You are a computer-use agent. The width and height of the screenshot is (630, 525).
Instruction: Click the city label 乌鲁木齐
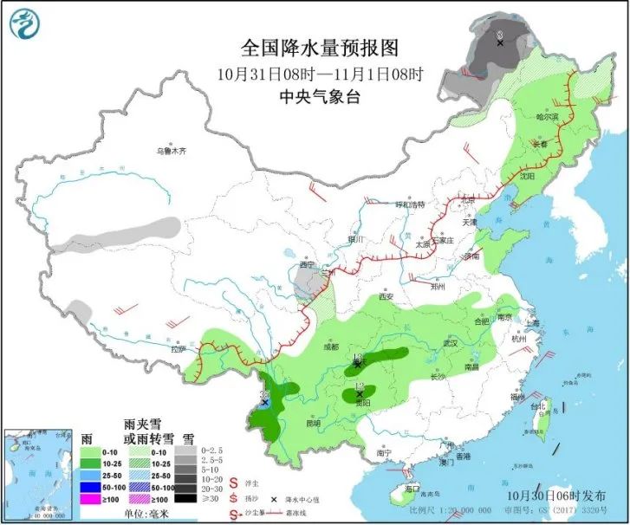click(x=171, y=151)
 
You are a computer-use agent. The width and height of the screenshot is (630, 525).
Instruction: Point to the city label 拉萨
click(x=179, y=349)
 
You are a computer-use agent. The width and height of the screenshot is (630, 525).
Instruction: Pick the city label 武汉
click(x=450, y=343)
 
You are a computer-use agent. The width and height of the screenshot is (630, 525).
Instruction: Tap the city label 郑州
click(x=439, y=285)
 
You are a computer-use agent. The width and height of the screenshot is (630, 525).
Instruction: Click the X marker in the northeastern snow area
click(x=500, y=41)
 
